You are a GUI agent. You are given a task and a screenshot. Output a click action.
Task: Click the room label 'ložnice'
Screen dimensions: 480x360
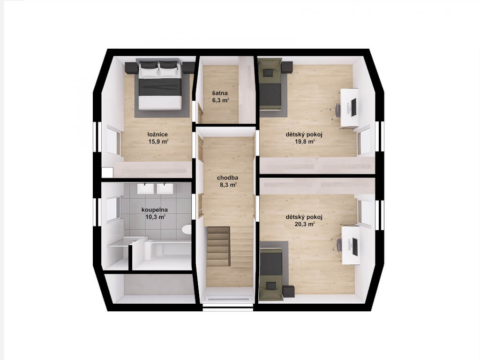(157, 134)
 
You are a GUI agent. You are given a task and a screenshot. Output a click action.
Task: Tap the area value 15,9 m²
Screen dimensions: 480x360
(158, 142)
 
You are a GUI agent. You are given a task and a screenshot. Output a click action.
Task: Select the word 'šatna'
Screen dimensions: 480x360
(220, 93)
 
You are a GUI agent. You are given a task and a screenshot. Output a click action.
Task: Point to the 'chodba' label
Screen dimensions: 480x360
(227, 178)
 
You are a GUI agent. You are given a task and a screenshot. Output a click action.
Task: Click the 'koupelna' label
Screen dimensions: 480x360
(155, 210)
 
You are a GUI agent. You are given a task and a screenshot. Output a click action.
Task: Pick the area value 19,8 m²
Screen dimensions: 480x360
(305, 142)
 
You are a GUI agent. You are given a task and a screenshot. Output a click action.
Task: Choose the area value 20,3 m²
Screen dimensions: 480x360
(305, 224)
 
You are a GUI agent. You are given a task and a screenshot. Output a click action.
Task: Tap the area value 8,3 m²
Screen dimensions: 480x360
(228, 185)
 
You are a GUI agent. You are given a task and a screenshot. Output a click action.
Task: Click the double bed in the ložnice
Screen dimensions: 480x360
(159, 85)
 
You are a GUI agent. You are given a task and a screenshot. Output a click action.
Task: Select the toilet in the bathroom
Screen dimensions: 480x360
(187, 229)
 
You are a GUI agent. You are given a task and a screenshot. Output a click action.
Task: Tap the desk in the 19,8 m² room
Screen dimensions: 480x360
(350, 107)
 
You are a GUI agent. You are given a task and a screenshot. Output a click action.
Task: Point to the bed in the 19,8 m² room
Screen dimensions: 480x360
(270, 84)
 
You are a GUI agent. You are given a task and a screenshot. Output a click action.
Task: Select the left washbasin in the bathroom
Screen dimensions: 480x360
(145, 188)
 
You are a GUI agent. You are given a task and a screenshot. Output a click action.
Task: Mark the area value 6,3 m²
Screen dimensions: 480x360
(221, 100)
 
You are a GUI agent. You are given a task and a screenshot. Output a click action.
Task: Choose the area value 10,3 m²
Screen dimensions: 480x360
(156, 217)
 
